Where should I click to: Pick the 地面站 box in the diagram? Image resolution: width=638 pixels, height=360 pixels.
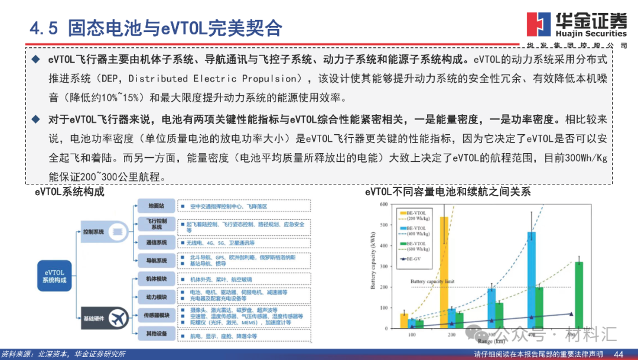(x=157, y=206)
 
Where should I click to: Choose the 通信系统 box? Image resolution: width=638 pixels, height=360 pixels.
(x=157, y=242)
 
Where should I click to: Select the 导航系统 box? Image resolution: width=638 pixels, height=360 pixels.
(x=157, y=260)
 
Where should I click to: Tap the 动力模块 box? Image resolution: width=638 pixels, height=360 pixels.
(x=157, y=296)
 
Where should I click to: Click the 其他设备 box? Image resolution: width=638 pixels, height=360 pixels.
(x=157, y=335)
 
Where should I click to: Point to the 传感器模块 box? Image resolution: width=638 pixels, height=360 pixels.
(x=157, y=315)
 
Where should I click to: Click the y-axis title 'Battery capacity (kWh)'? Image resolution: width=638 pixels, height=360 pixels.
(x=373, y=267)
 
